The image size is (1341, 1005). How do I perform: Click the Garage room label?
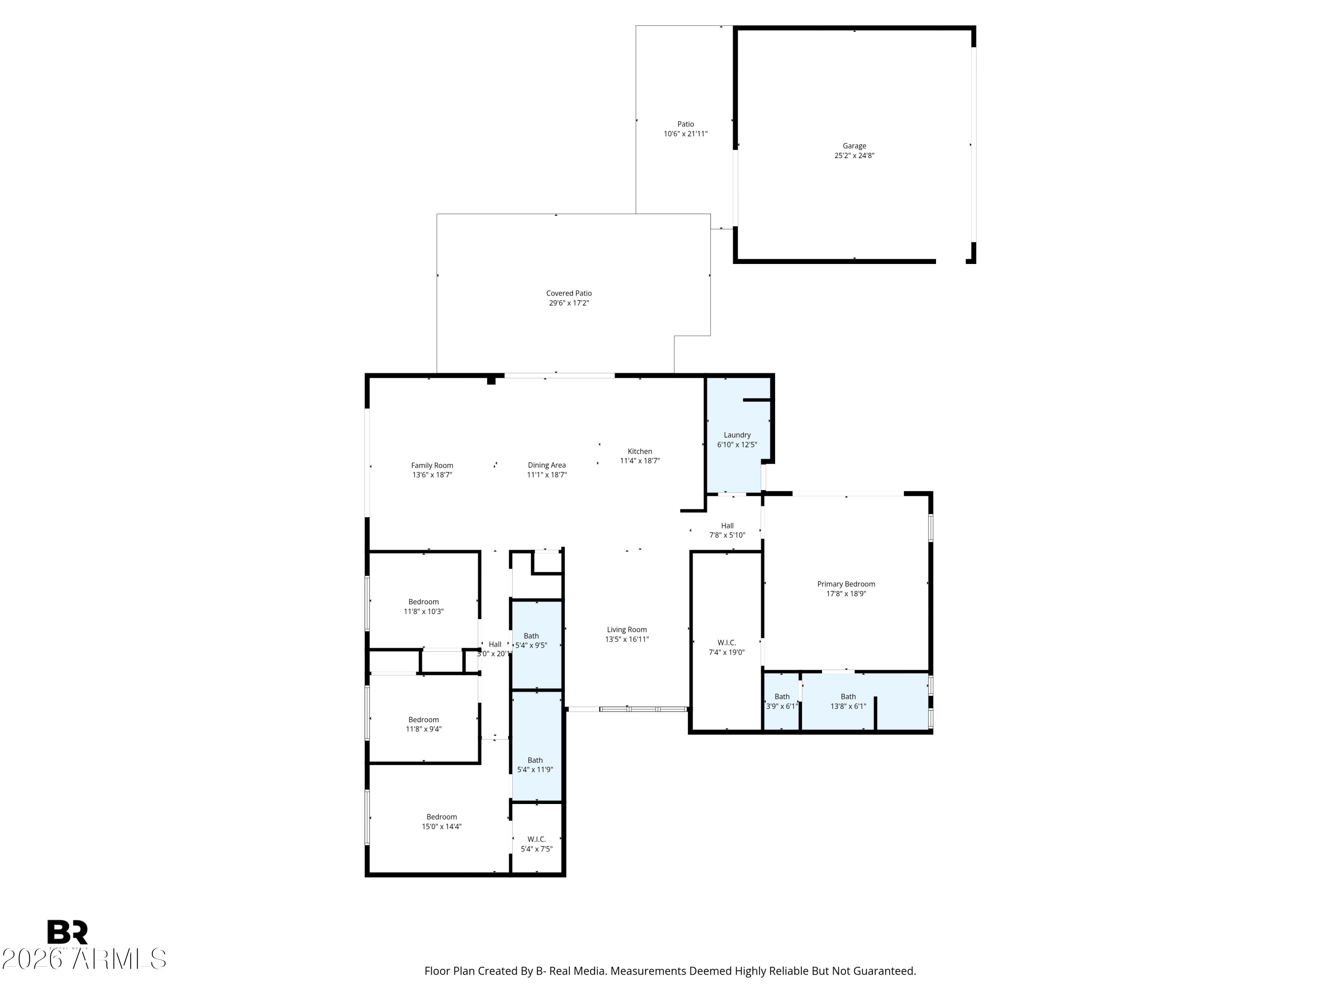(854, 146)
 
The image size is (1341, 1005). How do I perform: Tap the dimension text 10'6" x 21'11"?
(685, 134)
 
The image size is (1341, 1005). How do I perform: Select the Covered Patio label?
(569, 293)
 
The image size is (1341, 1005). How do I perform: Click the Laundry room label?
(737, 435)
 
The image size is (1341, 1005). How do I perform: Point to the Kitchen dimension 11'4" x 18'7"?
(640, 461)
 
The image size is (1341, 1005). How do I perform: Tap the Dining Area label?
(546, 465)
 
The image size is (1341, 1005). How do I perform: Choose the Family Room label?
(432, 466)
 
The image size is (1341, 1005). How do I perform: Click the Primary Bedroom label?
(846, 584)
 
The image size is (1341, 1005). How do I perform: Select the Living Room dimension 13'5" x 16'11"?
(627, 639)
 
